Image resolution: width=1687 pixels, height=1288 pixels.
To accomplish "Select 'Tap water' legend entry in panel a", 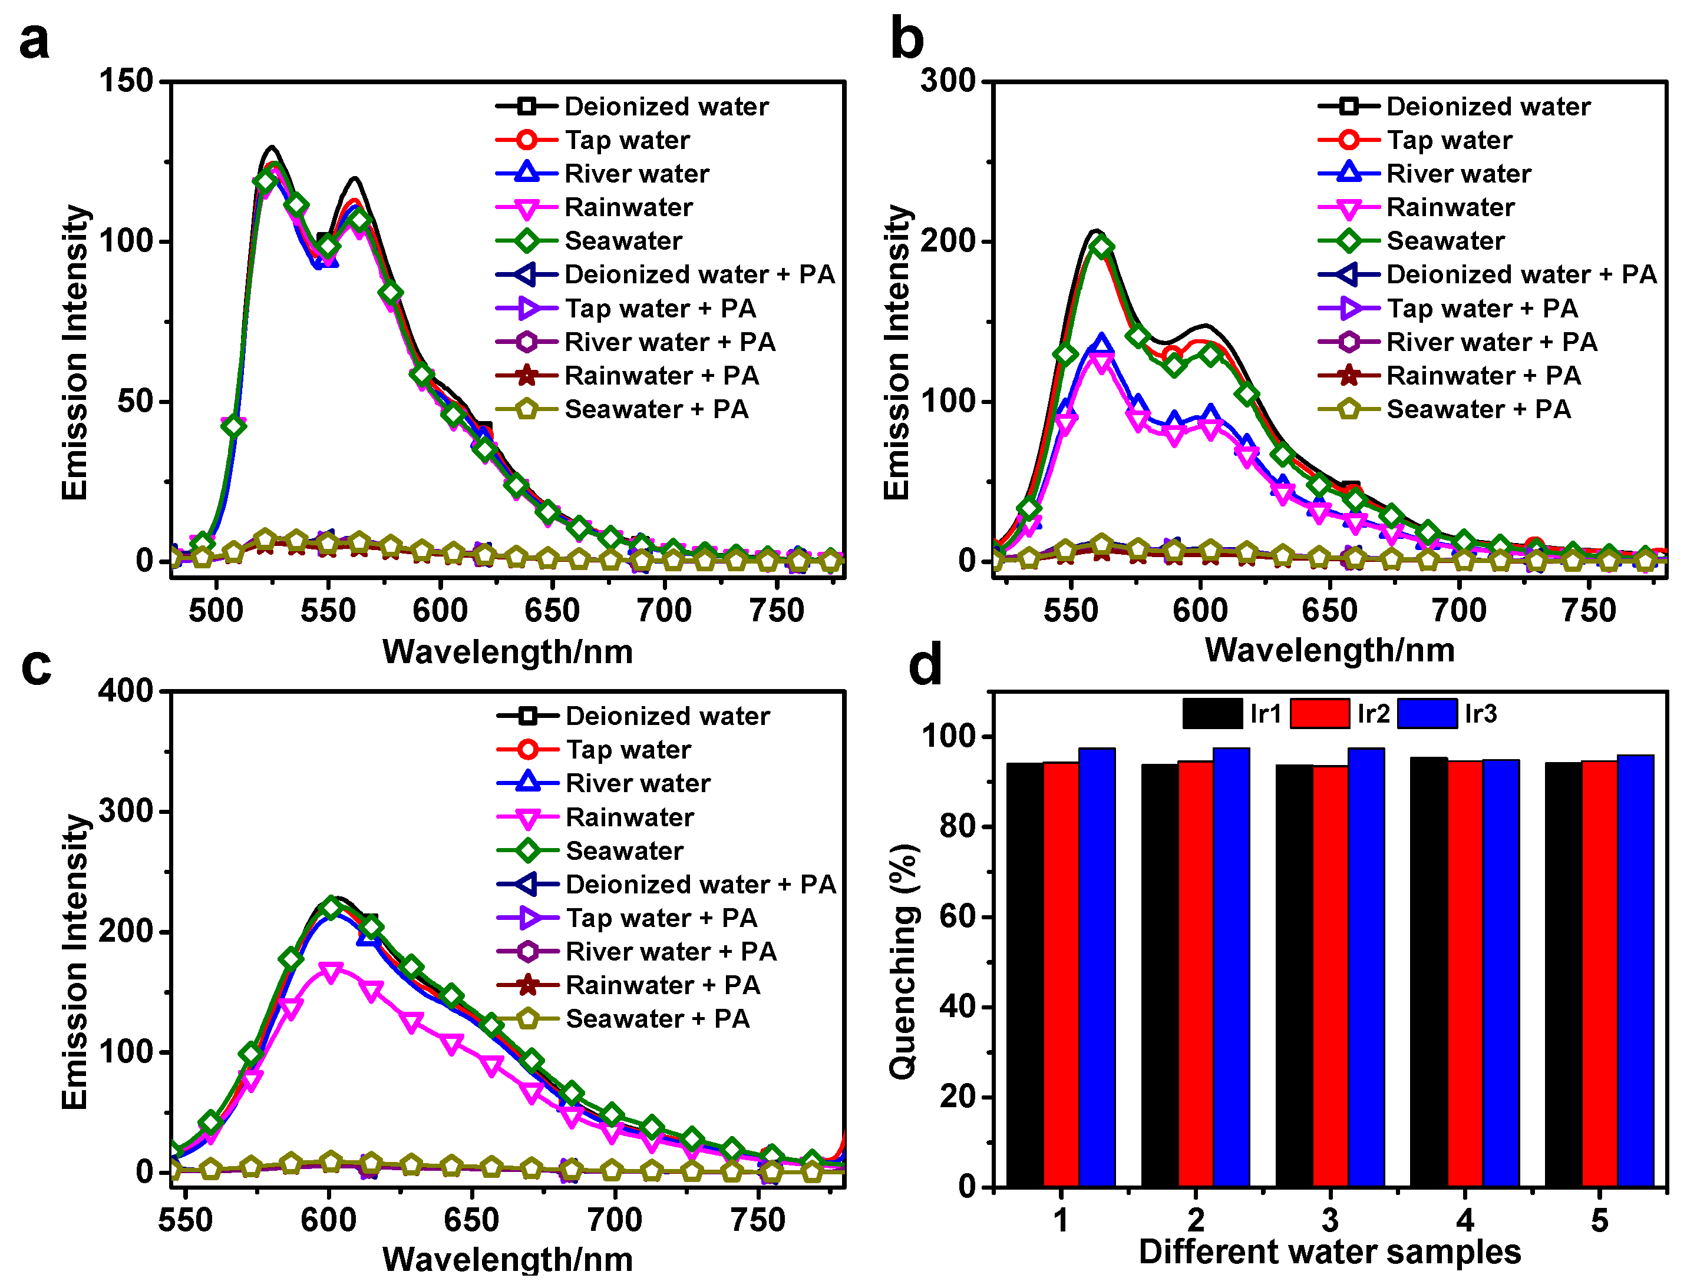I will pos(627,140).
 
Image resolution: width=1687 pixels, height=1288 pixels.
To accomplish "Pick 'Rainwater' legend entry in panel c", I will pos(629,817).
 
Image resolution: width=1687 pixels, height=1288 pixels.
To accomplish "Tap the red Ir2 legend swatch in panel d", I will pos(1319,714).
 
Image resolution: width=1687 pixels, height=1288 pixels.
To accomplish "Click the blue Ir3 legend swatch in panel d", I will pos(1427,714).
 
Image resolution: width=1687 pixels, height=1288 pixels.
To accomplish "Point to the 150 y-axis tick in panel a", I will pos(127,81).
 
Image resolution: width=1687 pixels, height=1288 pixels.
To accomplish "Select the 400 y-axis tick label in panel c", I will pos(127,691).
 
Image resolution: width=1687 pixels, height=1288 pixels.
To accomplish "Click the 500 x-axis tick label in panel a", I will pos(216,611).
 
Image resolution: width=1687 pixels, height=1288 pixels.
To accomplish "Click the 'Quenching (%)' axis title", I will pos(904,962).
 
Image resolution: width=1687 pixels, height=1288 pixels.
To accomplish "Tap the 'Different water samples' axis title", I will pos(1329,1252).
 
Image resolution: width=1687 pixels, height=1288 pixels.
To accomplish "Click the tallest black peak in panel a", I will pos(272,147).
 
